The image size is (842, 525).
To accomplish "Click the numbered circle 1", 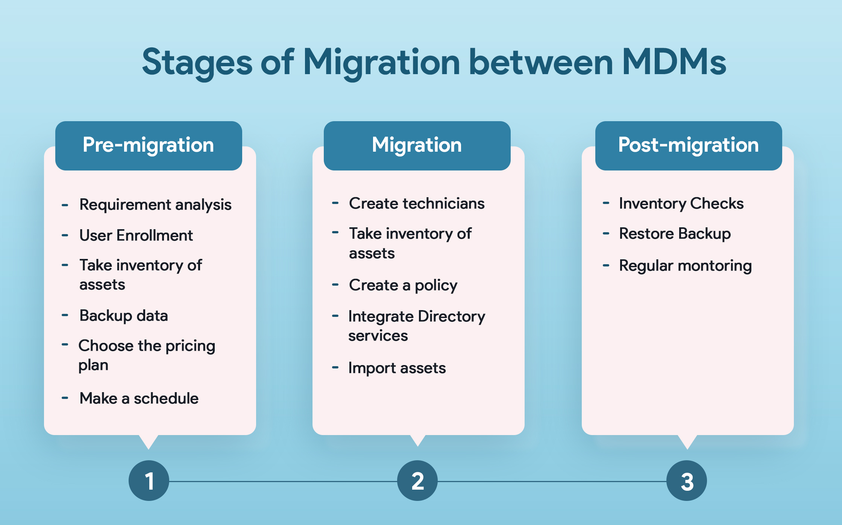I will [149, 481].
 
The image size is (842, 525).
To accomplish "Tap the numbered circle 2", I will [417, 481].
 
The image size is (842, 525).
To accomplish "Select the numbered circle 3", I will [687, 481].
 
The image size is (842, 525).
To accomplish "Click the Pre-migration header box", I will [149, 146].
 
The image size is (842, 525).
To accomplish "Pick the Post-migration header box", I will [688, 146].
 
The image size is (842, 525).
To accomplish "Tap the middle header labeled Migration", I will [417, 146].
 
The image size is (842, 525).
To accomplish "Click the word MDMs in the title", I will [674, 62].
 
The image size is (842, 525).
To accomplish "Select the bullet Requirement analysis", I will [155, 205].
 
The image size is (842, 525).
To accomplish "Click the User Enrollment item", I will [136, 236].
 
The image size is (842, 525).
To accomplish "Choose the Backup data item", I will [123, 316].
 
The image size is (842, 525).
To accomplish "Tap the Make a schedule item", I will [139, 398].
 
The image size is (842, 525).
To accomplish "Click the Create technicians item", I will [417, 204].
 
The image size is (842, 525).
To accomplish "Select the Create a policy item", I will [403, 285].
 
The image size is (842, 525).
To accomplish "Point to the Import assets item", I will [397, 368].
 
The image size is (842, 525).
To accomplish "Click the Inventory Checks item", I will [681, 204].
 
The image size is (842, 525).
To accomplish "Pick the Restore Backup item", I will [675, 234].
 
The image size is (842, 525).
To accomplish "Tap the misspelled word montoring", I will [715, 266].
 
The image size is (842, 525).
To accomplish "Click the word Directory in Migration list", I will [451, 317].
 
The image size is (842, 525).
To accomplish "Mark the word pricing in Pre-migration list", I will [190, 346].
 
